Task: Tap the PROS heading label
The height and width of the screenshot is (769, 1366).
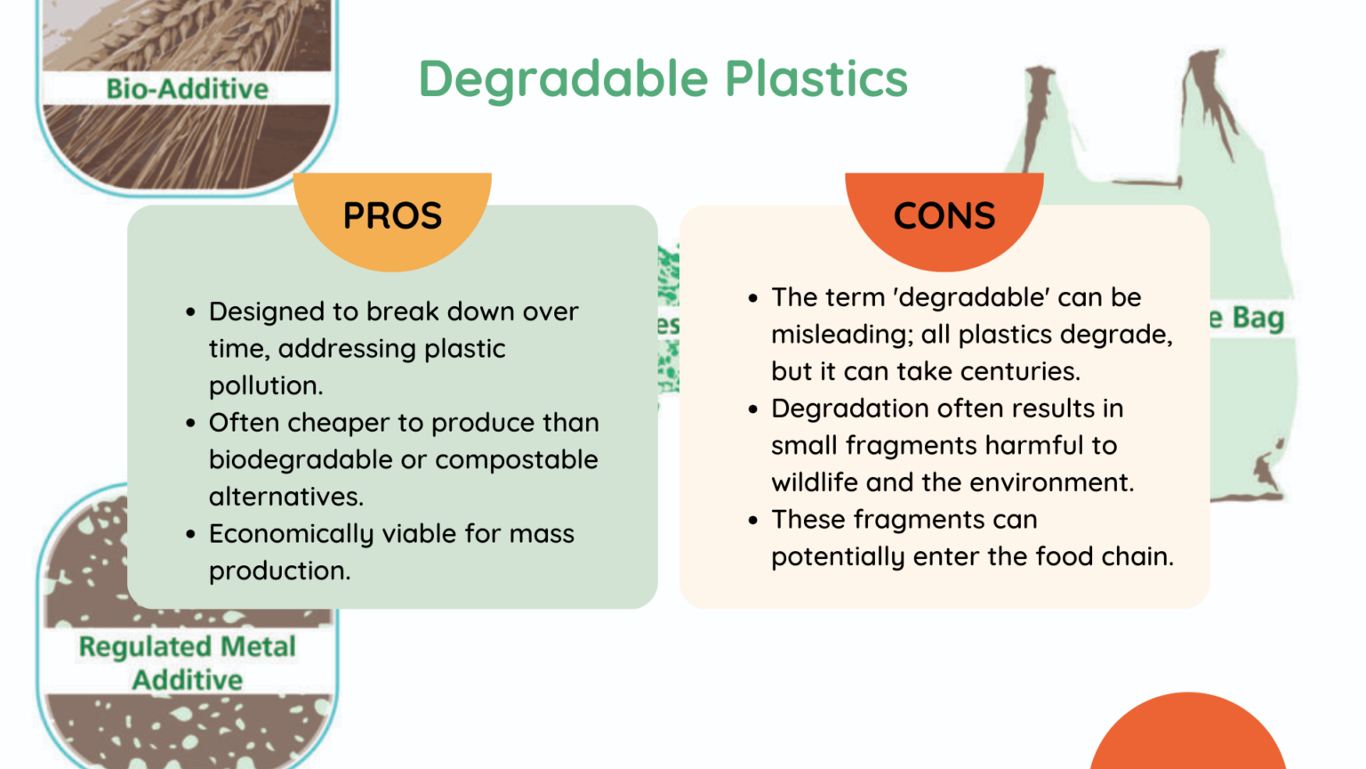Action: [392, 216]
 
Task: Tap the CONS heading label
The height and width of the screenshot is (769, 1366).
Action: [944, 216]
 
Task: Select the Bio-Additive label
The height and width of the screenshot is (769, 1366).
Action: [187, 89]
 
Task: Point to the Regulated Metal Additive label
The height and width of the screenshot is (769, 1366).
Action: [187, 663]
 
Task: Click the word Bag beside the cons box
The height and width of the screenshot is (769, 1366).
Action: [1258, 318]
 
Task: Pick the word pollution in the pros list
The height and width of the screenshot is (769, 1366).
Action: [264, 385]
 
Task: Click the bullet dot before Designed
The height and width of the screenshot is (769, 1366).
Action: [190, 312]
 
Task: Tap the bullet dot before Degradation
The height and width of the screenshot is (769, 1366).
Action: [753, 409]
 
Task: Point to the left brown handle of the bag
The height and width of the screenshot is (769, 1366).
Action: [1037, 116]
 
